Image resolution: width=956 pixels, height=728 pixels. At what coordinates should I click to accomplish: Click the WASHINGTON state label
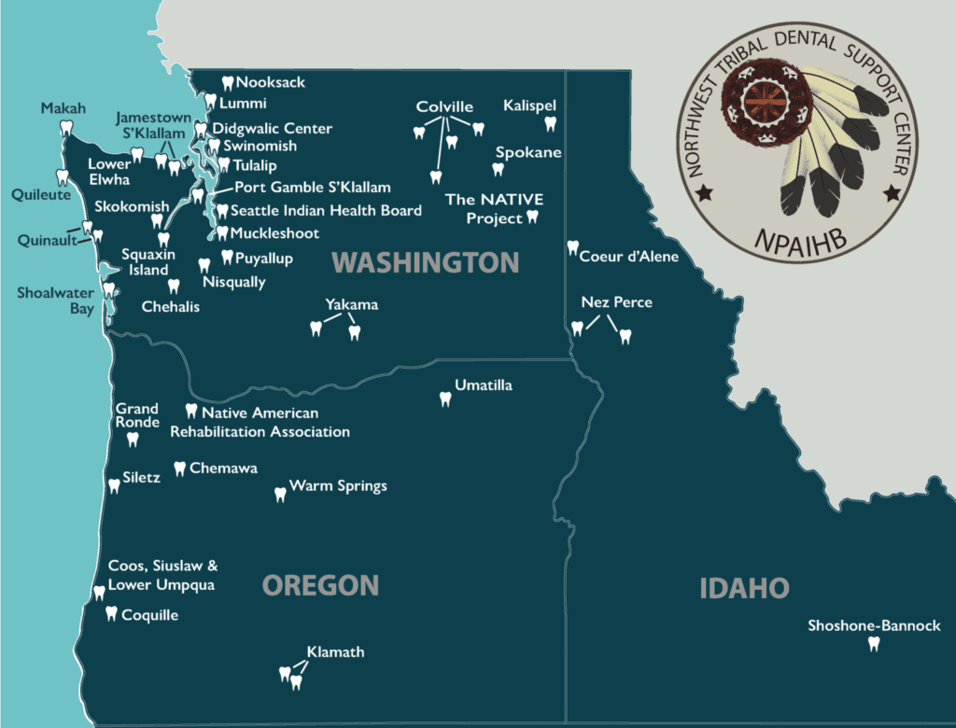point(425,262)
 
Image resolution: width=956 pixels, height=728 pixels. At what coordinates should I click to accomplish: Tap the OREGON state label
point(320,585)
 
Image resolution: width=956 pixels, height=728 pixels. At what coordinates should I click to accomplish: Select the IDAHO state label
point(744,588)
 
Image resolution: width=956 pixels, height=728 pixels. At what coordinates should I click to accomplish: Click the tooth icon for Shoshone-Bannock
point(874,644)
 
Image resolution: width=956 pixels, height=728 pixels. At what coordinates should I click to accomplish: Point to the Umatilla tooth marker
point(445,399)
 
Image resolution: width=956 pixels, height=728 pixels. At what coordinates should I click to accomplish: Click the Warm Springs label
point(338,486)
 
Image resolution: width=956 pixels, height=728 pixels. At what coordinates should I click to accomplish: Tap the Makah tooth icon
point(66,129)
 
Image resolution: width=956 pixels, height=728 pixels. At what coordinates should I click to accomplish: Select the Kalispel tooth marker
point(549,124)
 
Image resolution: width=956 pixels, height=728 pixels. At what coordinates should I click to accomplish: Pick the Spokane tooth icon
point(498,169)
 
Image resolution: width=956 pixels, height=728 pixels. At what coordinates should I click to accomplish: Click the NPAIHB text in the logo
point(799,243)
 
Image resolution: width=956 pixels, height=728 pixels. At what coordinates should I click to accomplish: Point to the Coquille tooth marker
point(112,613)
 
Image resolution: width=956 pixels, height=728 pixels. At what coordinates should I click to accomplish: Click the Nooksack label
point(271,82)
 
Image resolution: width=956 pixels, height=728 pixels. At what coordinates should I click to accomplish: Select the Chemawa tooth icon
point(179,469)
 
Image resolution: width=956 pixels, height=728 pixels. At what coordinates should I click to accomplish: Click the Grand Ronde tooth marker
point(132,439)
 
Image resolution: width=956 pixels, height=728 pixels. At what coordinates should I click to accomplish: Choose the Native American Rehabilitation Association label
point(260,422)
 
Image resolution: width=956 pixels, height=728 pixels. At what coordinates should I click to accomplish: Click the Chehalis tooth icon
point(173,287)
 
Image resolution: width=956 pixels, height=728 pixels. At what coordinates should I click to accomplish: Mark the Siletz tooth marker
point(114,485)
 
